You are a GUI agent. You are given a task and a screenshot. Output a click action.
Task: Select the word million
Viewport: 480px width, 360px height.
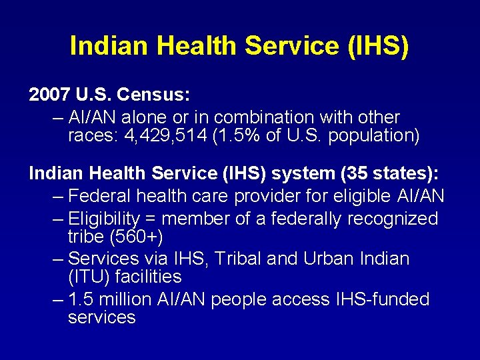tap(131, 299)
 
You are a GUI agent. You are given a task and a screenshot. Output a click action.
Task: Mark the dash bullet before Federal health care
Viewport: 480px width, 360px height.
tap(58, 197)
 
